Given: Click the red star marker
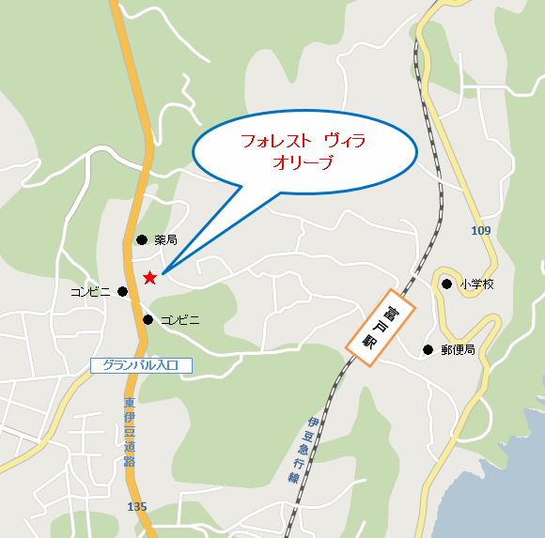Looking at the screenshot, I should coord(149,277).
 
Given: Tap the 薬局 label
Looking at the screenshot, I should coord(166,240).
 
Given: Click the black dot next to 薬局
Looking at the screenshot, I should coord(142,239).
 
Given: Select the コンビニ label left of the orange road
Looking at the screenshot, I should coord(91,292).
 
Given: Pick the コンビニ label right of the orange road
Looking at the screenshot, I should coord(179,320).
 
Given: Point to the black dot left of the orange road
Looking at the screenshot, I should coord(122,291).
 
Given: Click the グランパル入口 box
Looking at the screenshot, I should coord(141,365).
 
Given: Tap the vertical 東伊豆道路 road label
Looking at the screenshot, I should coord(129,432).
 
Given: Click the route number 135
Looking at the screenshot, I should coord(136,507).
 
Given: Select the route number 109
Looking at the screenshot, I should coord(481,230).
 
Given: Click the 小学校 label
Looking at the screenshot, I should coord(476,284).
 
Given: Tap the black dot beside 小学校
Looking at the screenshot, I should coord(447,283).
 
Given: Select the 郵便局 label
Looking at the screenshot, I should coord(458,350).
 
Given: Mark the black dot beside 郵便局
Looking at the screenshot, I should coord(428,350).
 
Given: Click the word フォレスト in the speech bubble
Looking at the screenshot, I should coord(275,141).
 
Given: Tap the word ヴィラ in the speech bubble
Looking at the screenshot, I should coord(345,141).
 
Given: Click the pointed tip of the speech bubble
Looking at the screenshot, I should coord(163,273).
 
